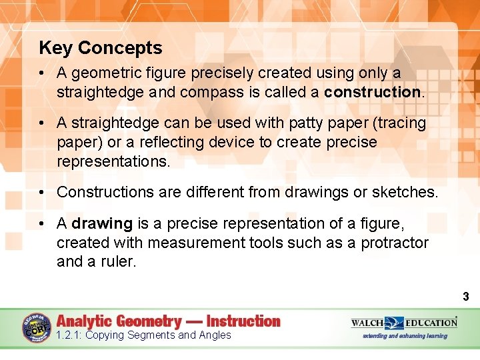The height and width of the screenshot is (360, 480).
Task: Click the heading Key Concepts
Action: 101,48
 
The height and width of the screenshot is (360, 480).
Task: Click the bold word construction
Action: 372,91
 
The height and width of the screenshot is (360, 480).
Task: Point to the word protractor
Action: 395,243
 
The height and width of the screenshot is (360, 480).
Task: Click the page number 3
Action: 466,297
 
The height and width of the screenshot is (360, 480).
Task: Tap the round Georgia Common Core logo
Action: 37,328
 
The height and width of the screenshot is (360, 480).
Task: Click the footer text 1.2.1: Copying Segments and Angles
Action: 143,335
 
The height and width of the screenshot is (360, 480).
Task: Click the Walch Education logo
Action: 404,323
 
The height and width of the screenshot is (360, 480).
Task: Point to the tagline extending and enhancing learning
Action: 405,336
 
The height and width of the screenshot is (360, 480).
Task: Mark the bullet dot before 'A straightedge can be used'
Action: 42,123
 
